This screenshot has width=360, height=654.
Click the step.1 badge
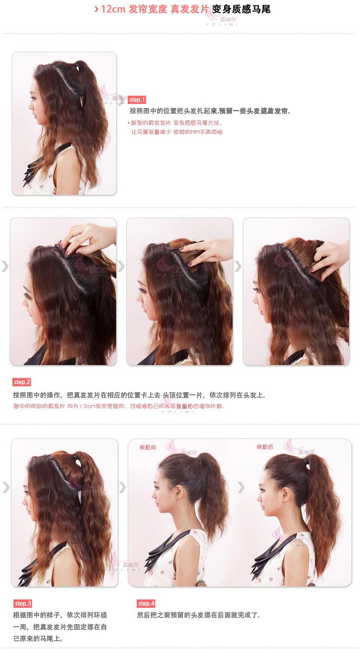coord(137,100)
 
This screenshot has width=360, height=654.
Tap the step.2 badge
coord(22,382)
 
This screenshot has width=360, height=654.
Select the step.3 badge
coord(23,604)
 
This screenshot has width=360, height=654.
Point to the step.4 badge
coord(146,604)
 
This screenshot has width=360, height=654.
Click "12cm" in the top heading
coord(113,9)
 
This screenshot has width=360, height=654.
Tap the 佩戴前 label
coord(147,448)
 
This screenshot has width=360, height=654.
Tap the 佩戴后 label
coord(264,448)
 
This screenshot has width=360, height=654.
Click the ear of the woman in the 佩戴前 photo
coord(180,492)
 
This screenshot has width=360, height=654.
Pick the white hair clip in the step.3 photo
coord(78,463)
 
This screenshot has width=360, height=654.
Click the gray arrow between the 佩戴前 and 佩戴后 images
coord(241,487)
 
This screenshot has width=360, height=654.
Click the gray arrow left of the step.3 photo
coord(5,487)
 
